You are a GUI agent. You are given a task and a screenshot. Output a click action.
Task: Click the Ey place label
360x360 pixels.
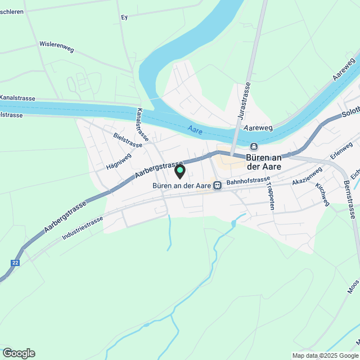click(x=125, y=17)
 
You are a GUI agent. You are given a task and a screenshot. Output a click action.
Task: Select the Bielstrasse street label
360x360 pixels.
click(x=128, y=140)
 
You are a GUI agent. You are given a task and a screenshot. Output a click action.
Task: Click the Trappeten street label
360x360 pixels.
click(x=271, y=196)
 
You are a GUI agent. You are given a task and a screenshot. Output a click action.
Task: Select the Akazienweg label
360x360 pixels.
click(x=307, y=176)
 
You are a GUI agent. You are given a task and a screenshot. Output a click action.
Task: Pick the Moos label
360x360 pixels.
click(x=353, y=287)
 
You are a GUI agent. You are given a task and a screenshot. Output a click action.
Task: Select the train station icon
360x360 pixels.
click(x=217, y=184)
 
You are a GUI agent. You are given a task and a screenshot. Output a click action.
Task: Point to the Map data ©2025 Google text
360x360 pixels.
click(x=325, y=355)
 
